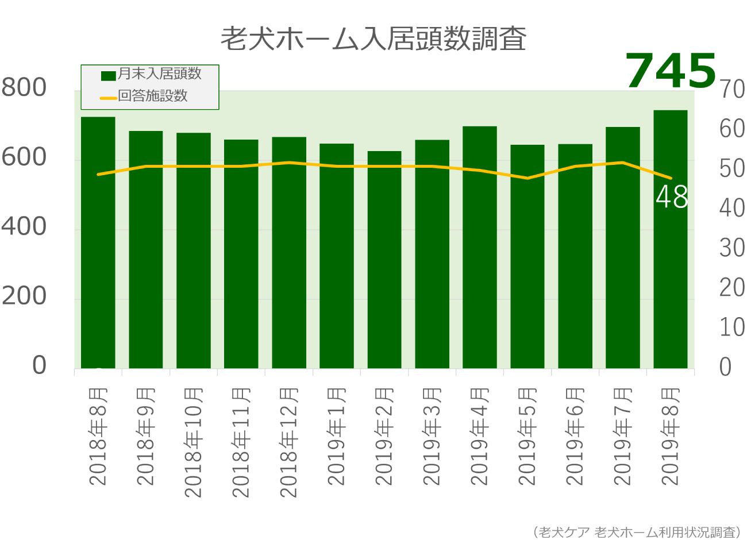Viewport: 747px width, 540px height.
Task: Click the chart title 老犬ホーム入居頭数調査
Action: click(373, 38)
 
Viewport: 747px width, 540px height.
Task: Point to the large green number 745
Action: click(670, 71)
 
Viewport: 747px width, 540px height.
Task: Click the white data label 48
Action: click(672, 198)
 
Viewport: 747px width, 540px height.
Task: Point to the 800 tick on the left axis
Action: click(24, 88)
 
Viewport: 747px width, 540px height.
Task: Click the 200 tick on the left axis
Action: click(24, 296)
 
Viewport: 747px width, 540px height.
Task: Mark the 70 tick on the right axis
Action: click(731, 90)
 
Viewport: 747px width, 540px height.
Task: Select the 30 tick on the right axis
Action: click(731, 248)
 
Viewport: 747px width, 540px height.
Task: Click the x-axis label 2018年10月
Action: click(194, 442)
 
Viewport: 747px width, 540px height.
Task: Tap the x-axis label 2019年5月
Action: click(527, 437)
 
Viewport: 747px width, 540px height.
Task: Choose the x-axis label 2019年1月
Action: click(337, 437)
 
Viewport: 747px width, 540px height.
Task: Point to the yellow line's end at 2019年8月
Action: click(671, 178)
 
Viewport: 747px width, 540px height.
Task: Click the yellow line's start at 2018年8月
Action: click(98, 174)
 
